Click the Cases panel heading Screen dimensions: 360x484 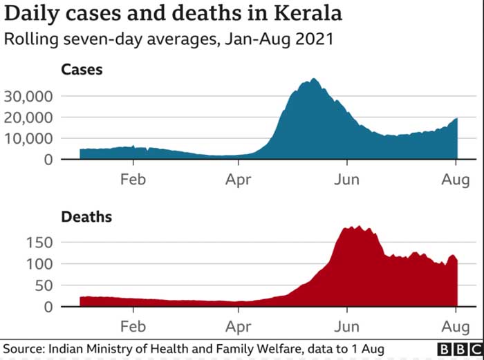81,69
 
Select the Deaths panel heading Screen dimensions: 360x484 86,217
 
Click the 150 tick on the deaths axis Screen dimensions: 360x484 40,243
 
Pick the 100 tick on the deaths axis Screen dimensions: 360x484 40,265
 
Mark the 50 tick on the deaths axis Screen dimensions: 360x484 44,286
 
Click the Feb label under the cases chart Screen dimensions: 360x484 133,179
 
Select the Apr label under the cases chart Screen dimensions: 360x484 239,179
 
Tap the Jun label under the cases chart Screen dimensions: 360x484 346,179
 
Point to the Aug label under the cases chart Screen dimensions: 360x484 454,179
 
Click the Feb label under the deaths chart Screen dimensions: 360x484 133,325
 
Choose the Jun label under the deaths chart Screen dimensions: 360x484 346,325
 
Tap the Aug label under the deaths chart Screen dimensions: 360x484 454,325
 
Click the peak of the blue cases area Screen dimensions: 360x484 315,79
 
